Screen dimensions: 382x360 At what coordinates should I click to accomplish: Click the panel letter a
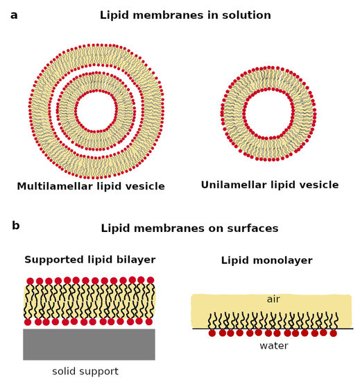coord(14,15)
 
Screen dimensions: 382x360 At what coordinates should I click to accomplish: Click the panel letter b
coord(15,226)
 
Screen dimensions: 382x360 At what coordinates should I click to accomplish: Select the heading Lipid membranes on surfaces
coord(189,229)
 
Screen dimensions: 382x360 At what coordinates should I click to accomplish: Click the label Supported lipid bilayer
coord(89,260)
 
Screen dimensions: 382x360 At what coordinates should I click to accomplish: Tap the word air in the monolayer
coord(273,299)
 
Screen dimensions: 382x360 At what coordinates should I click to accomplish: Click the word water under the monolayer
coord(273,346)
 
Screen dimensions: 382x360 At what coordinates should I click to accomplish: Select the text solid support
coord(85,372)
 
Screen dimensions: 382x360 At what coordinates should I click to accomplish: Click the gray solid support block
coord(89,344)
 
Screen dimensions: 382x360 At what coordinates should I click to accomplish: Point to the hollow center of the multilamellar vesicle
coord(97,110)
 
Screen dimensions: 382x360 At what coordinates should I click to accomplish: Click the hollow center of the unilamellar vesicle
coord(268,113)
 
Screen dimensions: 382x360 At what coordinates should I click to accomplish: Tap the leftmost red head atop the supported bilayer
coord(30,281)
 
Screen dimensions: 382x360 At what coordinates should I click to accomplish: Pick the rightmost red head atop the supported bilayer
coord(151,281)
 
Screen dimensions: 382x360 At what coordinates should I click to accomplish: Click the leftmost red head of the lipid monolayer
coord(212,333)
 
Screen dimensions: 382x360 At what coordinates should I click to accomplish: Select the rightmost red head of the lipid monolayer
coord(334,333)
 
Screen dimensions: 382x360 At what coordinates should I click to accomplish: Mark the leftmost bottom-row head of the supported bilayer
coord(28,322)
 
